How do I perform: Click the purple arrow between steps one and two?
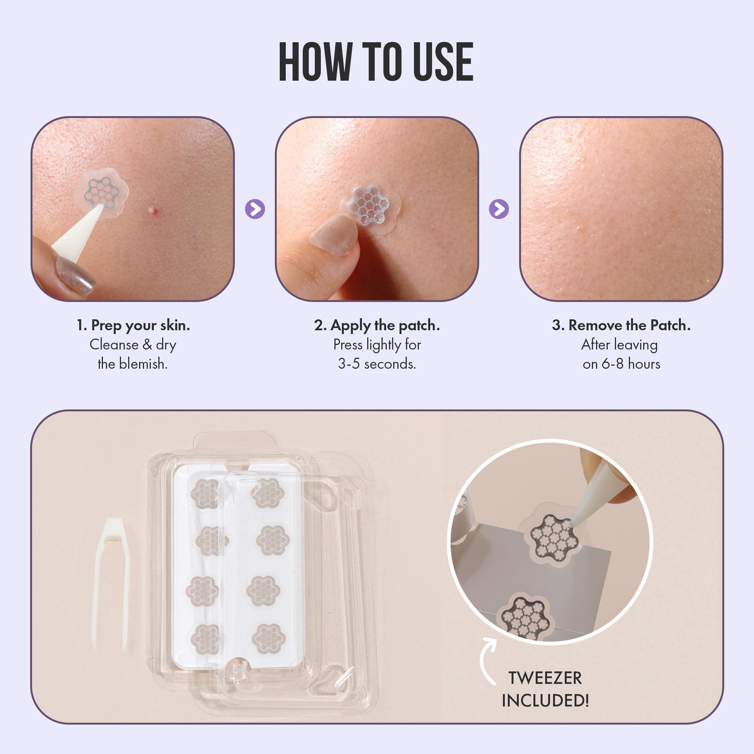coord(255,209)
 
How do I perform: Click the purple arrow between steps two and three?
coord(499,209)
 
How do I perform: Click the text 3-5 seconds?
coord(377,364)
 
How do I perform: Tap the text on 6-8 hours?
coord(621,364)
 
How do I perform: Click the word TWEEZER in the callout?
coord(545,678)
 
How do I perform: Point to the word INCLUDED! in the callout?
coord(545,700)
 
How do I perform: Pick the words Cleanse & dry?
coord(133,345)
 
